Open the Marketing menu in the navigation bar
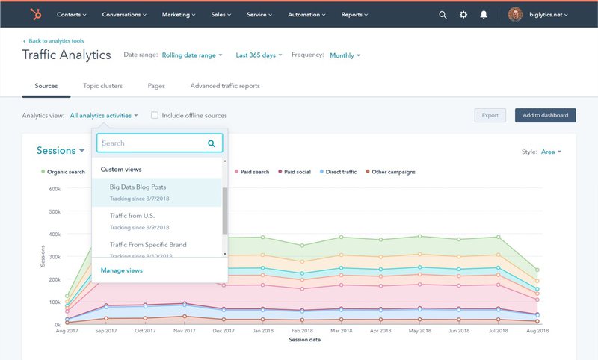pos(179,14)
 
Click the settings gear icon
pos(463,14)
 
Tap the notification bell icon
pos(484,14)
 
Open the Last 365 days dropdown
pos(259,55)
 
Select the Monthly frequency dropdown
pos(345,55)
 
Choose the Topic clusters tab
pos(102,86)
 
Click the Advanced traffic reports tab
pos(225,86)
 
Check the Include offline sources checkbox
pos(155,116)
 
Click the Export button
pos(490,116)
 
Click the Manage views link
pos(121,270)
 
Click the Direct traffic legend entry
pos(340,172)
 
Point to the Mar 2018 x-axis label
pos(340,331)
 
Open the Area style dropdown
pos(550,152)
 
